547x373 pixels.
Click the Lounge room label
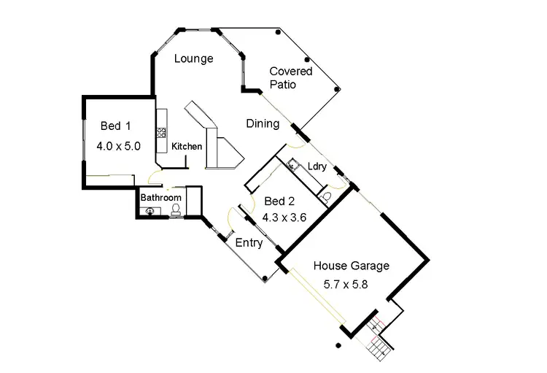pyautogui.click(x=194, y=58)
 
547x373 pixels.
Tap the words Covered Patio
pyautogui.click(x=290, y=78)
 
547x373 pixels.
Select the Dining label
pyautogui.click(x=262, y=123)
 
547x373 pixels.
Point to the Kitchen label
pyautogui.click(x=187, y=147)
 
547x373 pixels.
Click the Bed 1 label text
pyautogui.click(x=111, y=127)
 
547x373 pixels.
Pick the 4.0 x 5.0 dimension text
pyautogui.click(x=118, y=146)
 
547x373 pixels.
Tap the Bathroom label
pyautogui.click(x=160, y=198)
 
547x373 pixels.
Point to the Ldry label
pyautogui.click(x=317, y=166)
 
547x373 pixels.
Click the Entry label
pyautogui.click(x=249, y=243)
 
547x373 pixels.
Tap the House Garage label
pyautogui.click(x=352, y=266)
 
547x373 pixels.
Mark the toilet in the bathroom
pyautogui.click(x=176, y=209)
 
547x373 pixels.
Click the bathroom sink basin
pyautogui.click(x=150, y=211)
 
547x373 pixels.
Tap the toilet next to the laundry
pyautogui.click(x=327, y=196)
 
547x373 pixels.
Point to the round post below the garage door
pyautogui.click(x=338, y=345)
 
